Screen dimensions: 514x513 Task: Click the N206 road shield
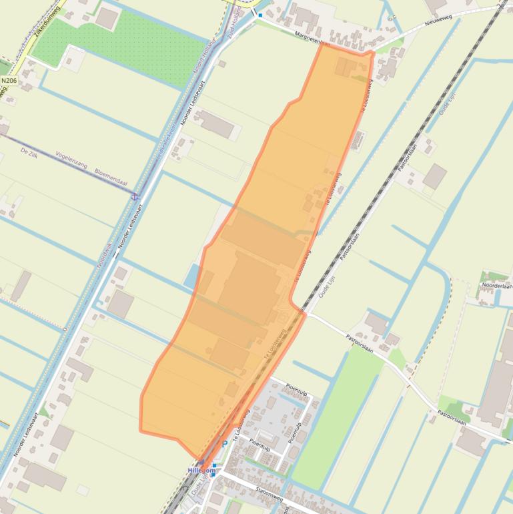(x=9, y=81)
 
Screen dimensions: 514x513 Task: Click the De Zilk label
(x=29, y=153)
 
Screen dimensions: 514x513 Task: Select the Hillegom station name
(x=202, y=471)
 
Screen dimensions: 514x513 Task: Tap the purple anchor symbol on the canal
(x=135, y=196)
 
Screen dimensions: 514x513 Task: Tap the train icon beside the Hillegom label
(x=213, y=465)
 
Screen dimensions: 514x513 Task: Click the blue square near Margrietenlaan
(x=260, y=14)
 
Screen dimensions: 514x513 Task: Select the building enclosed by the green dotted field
(x=106, y=18)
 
